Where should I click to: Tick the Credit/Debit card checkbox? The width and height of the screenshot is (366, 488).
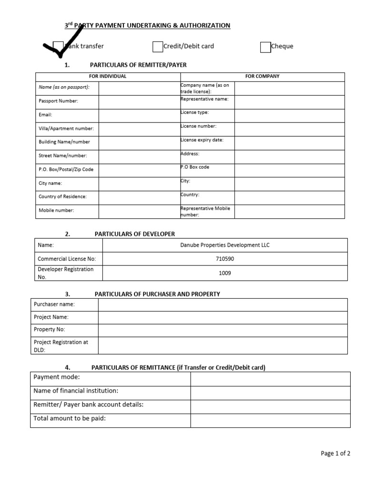[x=158, y=47]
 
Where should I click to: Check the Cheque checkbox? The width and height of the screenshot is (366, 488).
[x=265, y=47]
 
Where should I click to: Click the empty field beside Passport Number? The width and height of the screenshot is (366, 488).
[x=139, y=102]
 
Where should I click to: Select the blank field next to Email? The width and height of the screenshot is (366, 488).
[x=139, y=115]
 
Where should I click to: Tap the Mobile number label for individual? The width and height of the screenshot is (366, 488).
[x=56, y=210]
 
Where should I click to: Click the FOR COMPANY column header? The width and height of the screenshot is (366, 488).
[x=262, y=76]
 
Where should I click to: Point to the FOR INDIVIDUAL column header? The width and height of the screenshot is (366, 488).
[x=108, y=76]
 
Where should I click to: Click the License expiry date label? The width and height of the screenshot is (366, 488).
[x=202, y=140]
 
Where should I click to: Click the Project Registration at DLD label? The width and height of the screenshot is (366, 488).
[x=61, y=346]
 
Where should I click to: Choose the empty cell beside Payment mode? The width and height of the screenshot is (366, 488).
[x=270, y=379]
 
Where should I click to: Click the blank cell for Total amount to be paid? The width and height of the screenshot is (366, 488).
[x=270, y=420]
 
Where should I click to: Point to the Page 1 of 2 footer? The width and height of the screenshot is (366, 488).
[x=335, y=454]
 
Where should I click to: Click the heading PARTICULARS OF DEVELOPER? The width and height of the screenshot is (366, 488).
[x=135, y=234]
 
